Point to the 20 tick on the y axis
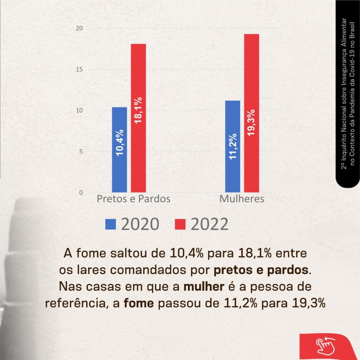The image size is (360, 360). (80, 28)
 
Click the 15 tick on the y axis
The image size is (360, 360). (80, 70)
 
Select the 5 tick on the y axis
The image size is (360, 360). (81, 152)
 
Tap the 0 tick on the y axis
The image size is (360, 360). (81, 193)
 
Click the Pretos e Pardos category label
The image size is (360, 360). (133, 199)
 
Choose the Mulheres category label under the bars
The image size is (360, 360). (242, 199)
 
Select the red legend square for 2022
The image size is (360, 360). (180, 224)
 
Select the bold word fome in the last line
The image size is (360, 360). (139, 303)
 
